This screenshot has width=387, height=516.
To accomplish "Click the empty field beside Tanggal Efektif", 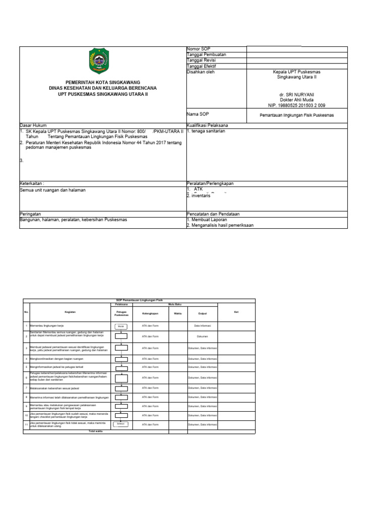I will pyautogui.click(x=297, y=66).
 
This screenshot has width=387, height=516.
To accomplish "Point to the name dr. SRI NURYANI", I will pyautogui.click(x=296, y=95).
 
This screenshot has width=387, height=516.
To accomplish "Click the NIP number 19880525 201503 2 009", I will pyautogui.click(x=296, y=105).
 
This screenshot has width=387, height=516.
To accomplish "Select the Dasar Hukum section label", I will pyautogui.click(x=32, y=125).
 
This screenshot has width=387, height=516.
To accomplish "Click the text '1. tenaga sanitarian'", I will pyautogui.click(x=206, y=131).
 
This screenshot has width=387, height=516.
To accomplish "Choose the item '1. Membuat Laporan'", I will pyautogui.click(x=207, y=220).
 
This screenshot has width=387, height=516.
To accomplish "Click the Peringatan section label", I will pyautogui.click(x=30, y=214).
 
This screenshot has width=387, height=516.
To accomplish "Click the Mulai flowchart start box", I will pyautogui.click(x=121, y=327).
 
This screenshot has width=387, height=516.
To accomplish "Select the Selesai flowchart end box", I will pyautogui.click(x=121, y=424).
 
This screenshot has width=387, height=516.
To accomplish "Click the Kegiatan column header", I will pyautogui.click(x=70, y=312).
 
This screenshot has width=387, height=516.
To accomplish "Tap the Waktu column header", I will pyautogui.click(x=177, y=313).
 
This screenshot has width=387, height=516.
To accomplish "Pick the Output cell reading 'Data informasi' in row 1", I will pyautogui.click(x=202, y=327).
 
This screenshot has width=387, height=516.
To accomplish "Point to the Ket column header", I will pyautogui.click(x=236, y=312).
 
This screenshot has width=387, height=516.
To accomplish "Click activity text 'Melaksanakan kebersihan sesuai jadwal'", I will pyautogui.click(x=52, y=388).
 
